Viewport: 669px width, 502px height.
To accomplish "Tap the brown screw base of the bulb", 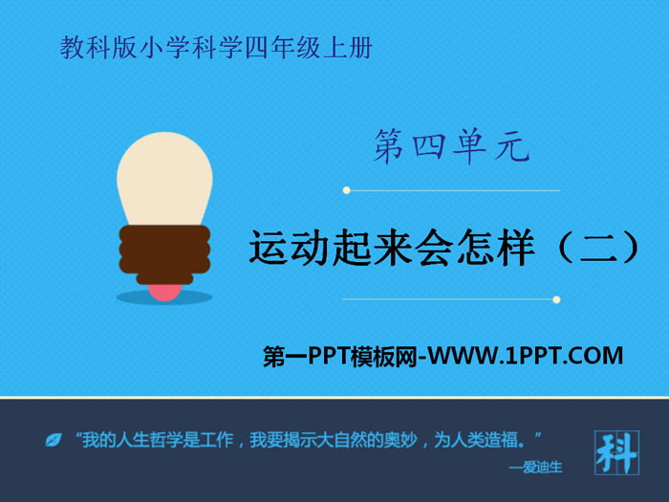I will [x=163, y=250].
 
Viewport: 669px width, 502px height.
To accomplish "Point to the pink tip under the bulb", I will [x=163, y=290].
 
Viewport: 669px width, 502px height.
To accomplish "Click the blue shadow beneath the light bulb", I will [x=164, y=298].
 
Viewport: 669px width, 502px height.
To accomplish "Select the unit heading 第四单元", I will [x=450, y=149].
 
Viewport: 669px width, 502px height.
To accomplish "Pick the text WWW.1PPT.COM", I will [x=527, y=357].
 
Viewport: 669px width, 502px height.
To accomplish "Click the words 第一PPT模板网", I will [x=340, y=357].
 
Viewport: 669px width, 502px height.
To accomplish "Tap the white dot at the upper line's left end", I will [x=346, y=190].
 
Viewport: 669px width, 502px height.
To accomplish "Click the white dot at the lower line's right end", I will [x=556, y=299].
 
